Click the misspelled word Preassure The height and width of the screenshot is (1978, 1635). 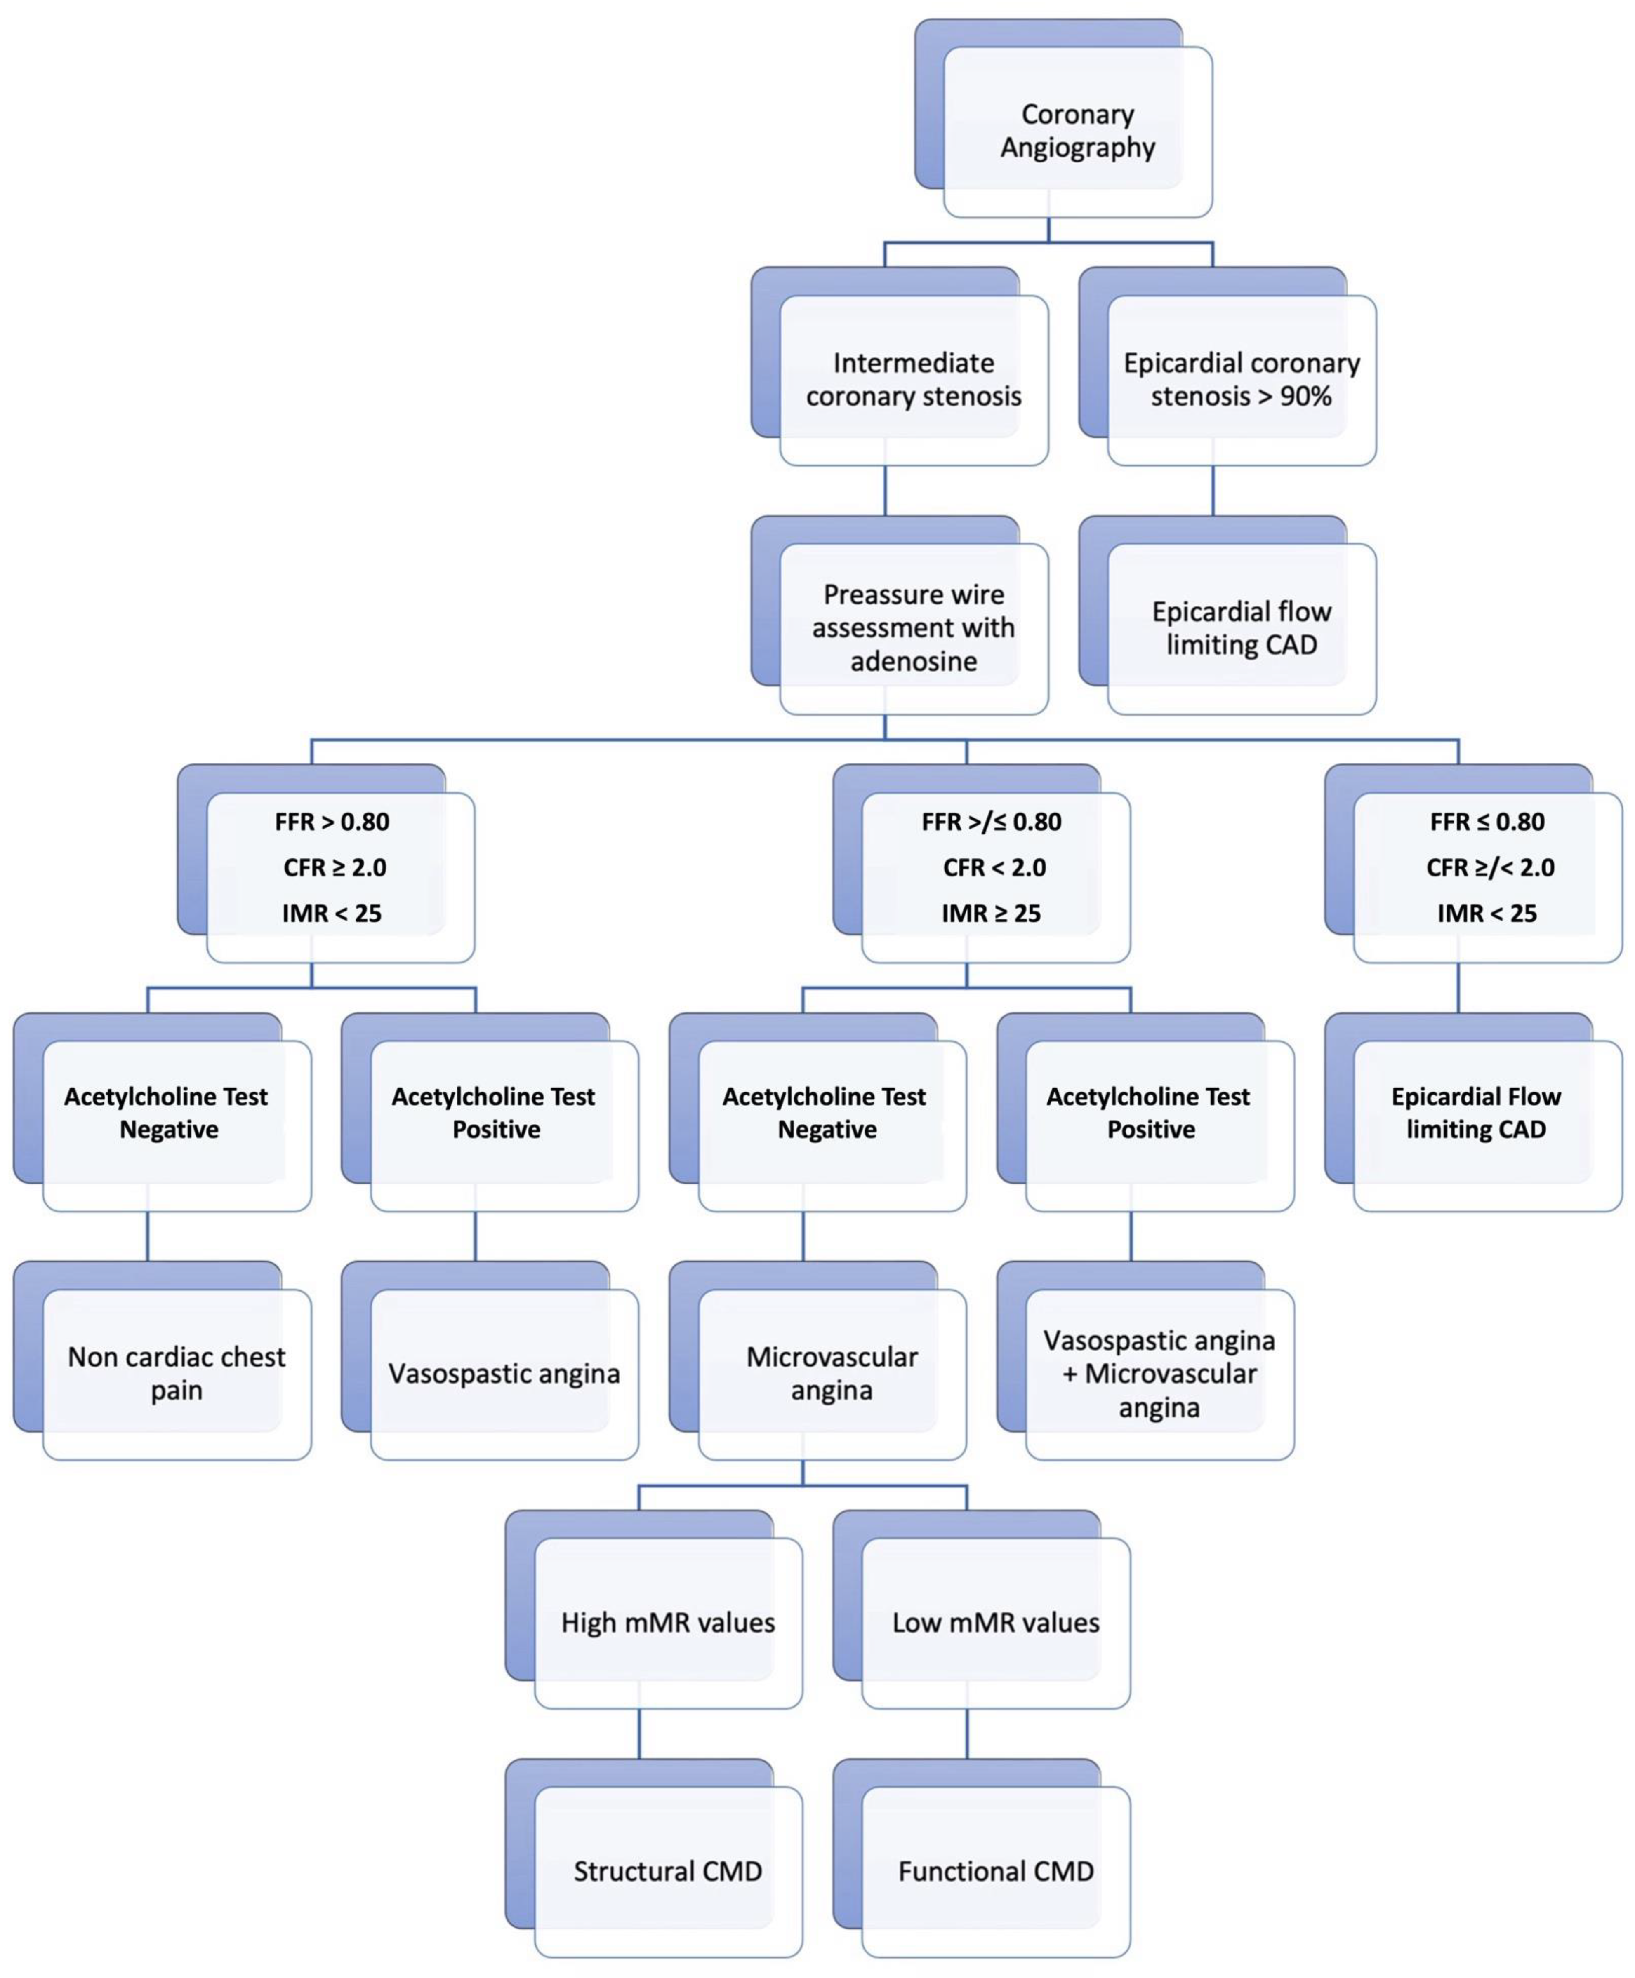pos(867,595)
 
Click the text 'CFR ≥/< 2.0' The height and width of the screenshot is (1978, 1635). pos(1490,867)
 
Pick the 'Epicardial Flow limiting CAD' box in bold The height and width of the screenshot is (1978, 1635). pos(1476,1113)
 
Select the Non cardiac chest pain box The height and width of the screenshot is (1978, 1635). pos(176,1374)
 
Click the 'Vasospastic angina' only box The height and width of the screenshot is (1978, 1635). pos(504,1374)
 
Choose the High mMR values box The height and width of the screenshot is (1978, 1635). pos(668,1622)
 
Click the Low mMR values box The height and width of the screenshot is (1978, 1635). pos(996,1622)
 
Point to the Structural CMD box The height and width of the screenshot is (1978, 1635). pos(668,1871)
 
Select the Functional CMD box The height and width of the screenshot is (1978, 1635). pos(996,1871)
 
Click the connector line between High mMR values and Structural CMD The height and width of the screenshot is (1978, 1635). pos(639,1733)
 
